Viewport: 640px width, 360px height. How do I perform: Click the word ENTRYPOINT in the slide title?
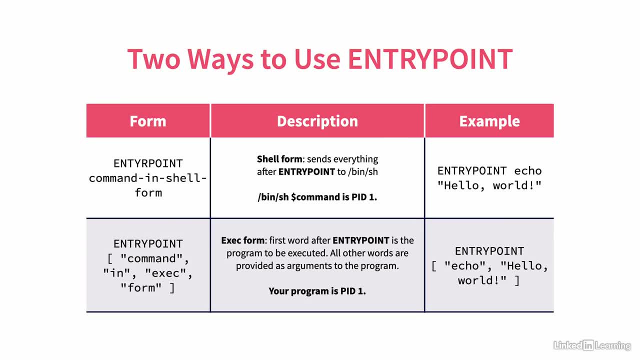[x=430, y=59]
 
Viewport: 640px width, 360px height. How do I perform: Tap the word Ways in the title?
[x=220, y=60]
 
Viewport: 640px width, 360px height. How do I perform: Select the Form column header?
[x=148, y=121]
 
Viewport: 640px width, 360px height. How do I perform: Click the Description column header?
[x=317, y=121]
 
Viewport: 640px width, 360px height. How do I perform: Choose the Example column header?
[x=489, y=121]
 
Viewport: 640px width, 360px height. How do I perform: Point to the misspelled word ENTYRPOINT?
[x=148, y=163]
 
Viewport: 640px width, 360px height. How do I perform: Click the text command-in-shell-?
[x=148, y=178]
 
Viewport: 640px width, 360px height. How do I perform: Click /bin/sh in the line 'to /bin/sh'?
[x=363, y=171]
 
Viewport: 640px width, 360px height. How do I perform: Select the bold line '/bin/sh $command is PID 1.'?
[x=317, y=197]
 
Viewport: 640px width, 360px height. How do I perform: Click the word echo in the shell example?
[x=528, y=171]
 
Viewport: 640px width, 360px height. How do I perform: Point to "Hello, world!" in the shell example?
[x=489, y=185]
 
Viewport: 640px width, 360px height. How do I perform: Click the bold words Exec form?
[x=243, y=240]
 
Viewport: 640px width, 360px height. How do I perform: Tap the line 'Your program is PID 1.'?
[x=317, y=291]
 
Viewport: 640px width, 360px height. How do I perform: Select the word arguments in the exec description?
[x=309, y=266]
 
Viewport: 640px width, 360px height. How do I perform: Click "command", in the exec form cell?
[x=154, y=259]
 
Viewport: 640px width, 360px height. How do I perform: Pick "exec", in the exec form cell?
[x=168, y=273]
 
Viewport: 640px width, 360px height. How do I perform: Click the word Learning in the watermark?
[x=613, y=346]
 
